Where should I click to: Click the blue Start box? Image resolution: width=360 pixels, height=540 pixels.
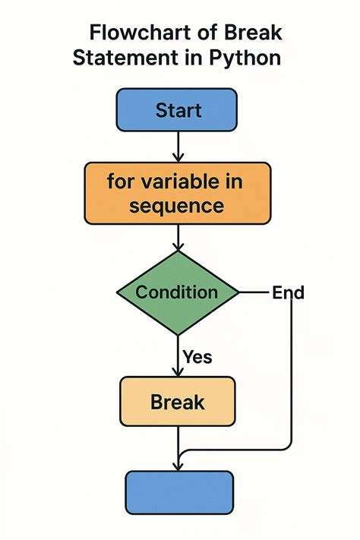coord(176,110)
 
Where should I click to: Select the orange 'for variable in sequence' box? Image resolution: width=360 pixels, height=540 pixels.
coord(177,194)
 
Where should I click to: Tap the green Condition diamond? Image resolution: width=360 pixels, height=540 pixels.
coord(177,292)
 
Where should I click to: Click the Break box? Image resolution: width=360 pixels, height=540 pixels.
coord(178,401)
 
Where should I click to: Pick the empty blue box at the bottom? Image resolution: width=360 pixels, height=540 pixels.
coord(178,493)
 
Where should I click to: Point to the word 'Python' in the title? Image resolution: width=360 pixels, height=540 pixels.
coord(245,58)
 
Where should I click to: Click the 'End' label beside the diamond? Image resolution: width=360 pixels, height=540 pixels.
coord(288,292)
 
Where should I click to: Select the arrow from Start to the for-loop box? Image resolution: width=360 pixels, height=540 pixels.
coord(177,146)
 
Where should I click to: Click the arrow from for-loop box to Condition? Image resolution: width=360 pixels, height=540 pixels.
coord(177,238)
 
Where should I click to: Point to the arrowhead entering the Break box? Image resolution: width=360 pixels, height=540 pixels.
coord(177,371)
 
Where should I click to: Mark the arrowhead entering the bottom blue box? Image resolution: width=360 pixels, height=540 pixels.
coord(177,465)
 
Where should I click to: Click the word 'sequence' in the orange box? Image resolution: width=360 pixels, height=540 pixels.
coord(177,206)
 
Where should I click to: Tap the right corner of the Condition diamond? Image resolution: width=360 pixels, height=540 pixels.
coord(238,292)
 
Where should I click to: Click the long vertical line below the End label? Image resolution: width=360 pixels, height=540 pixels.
coord(292,372)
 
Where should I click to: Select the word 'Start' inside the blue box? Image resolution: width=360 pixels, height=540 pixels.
coord(178,110)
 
